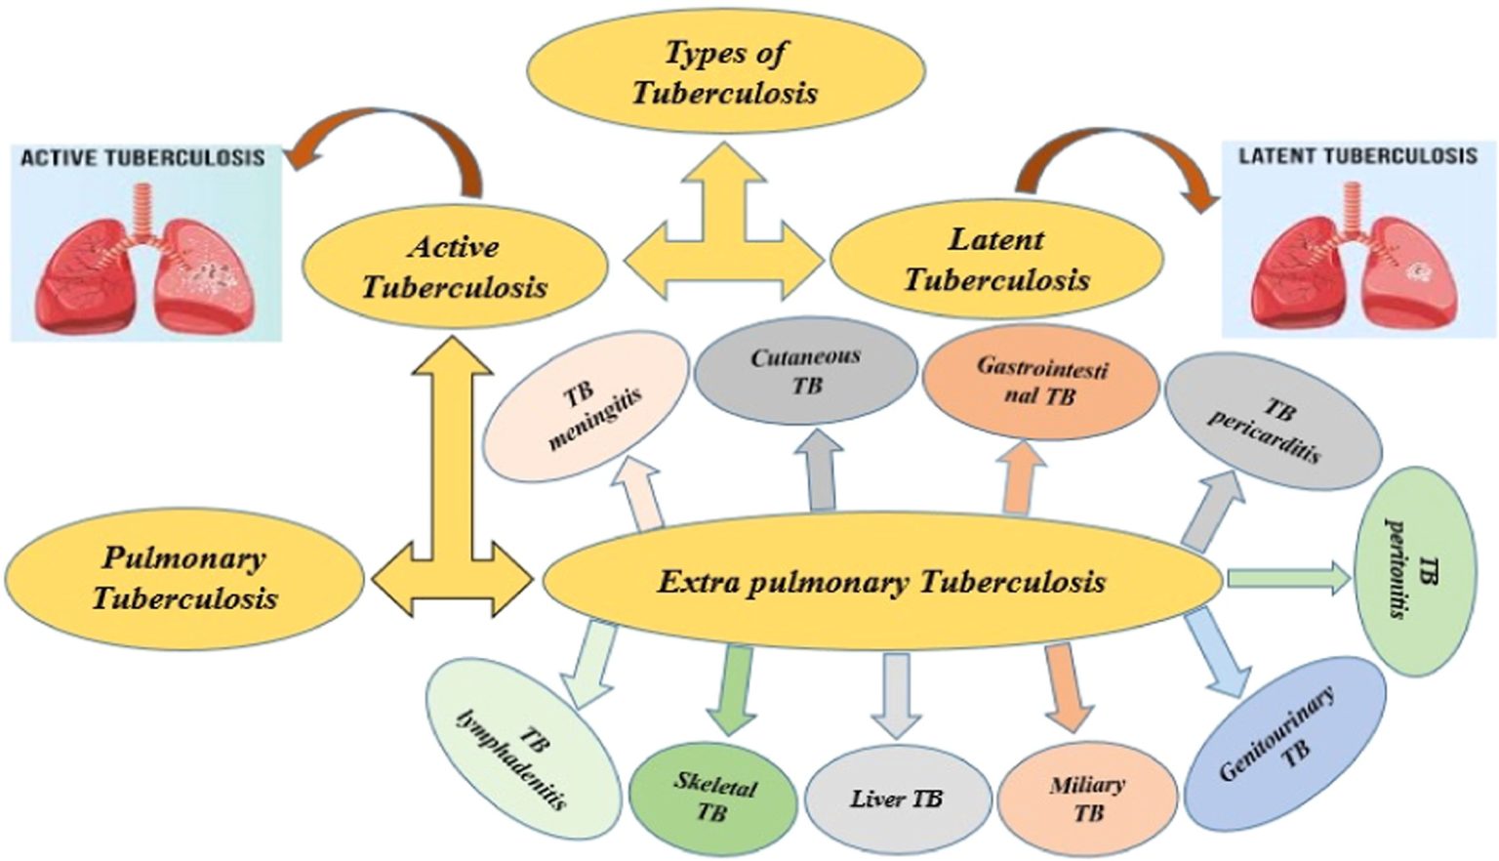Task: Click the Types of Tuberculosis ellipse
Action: coord(726,70)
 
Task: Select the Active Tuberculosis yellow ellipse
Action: coord(455,266)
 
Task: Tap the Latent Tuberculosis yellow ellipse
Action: coord(996,259)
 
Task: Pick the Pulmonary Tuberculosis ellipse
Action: coord(184,577)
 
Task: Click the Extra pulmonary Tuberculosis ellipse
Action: coord(881,583)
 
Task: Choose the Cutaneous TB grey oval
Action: coord(806,371)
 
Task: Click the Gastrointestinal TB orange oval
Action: coord(1040,382)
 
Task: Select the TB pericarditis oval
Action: coord(1272,422)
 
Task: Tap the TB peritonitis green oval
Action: coord(1415,571)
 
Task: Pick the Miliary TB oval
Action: coord(1087,798)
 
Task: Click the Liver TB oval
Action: coord(896,799)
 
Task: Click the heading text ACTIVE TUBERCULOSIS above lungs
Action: coord(142,158)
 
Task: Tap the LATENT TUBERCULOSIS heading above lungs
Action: coord(1357,156)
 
